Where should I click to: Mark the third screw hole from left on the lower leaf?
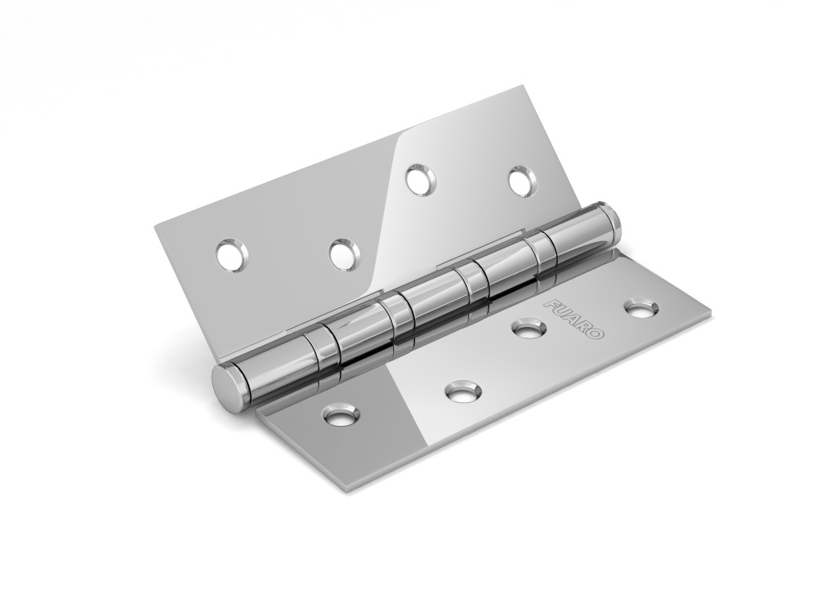pos(528,329)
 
